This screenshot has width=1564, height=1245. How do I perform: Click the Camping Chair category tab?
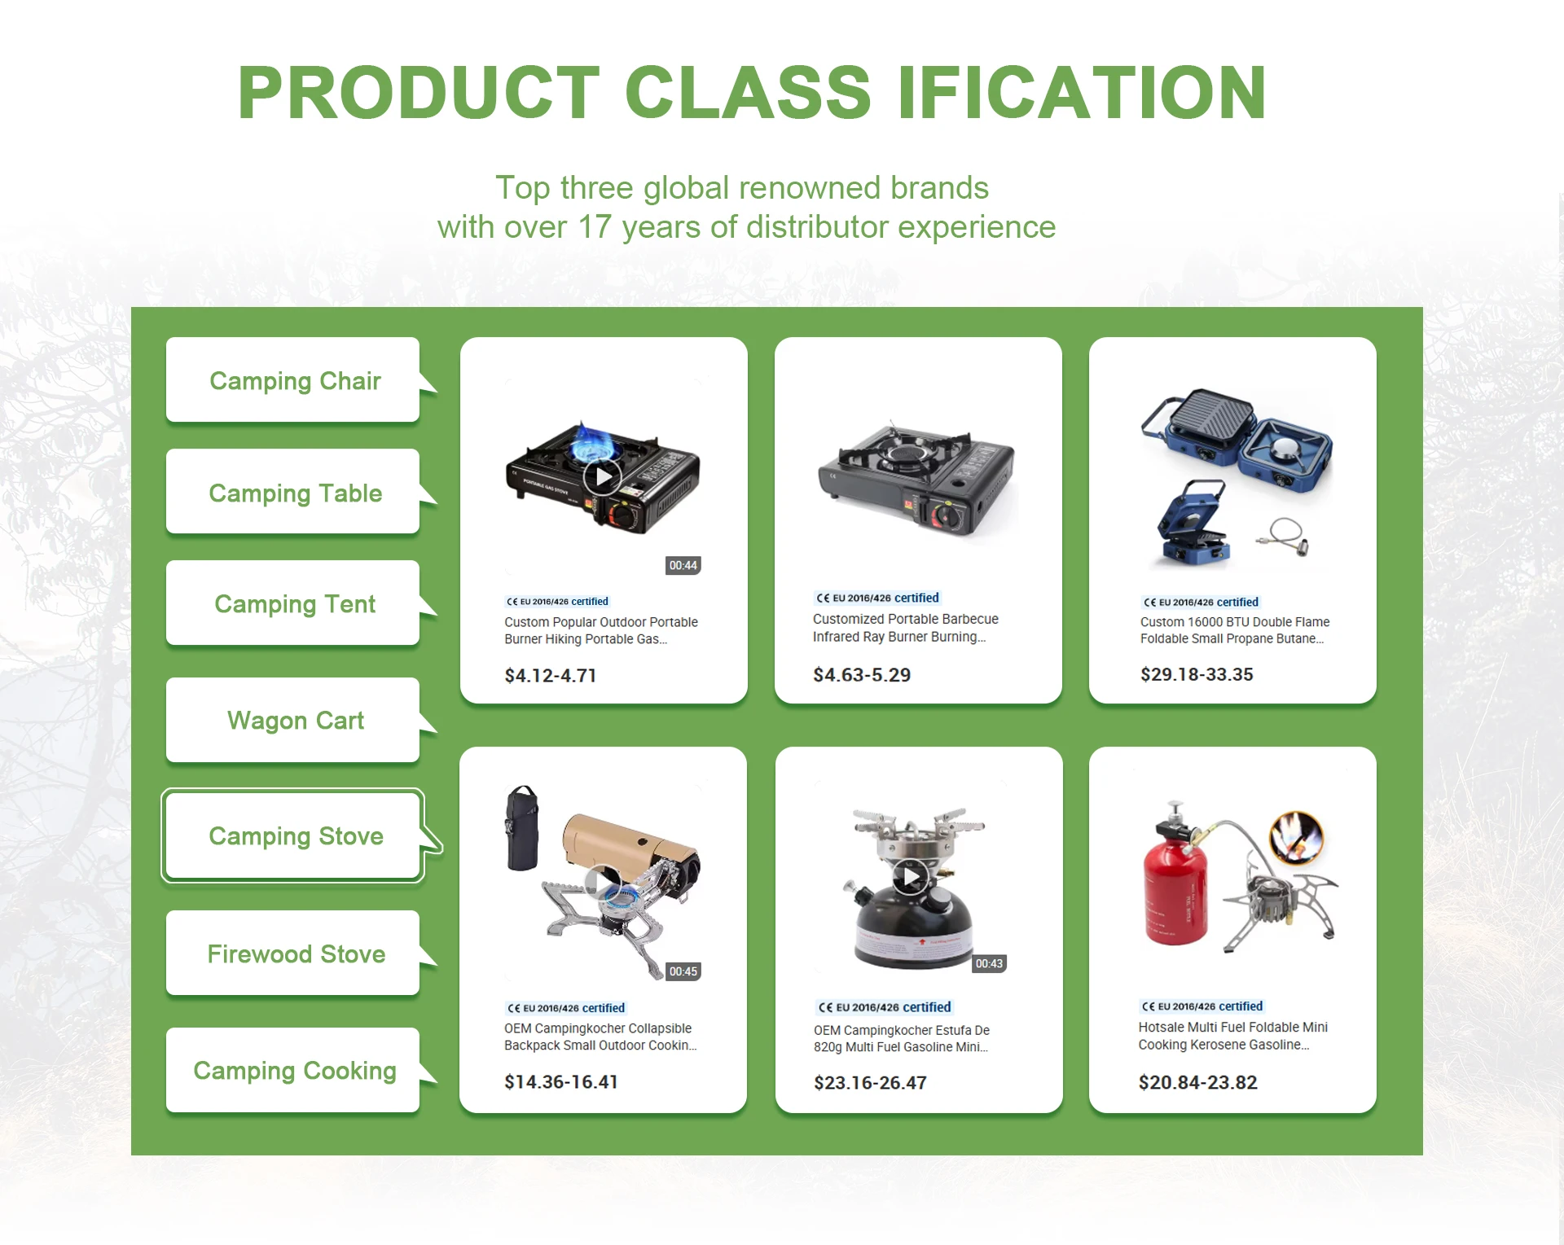[294, 380]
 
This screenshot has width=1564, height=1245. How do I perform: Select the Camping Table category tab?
[294, 492]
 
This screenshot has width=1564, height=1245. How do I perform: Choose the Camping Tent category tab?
[294, 603]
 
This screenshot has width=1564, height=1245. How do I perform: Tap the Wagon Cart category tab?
[294, 720]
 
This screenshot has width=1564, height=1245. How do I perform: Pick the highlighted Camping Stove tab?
[294, 835]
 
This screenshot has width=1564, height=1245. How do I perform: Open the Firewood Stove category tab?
[294, 953]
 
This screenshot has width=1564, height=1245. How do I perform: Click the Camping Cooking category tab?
[294, 1070]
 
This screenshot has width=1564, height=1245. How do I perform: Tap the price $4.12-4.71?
[551, 675]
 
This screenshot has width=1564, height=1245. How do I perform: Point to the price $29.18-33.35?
[1197, 674]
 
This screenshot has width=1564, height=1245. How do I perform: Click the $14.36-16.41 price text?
[561, 1081]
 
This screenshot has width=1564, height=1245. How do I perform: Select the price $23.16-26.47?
[870, 1082]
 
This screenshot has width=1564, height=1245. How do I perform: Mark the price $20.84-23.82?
[1197, 1082]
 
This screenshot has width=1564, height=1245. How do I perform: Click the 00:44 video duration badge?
[683, 565]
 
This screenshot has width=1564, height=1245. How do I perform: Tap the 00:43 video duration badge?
[989, 963]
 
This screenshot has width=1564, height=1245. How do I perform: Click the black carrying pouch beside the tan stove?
[522, 828]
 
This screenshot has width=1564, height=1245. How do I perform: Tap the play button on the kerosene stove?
[910, 877]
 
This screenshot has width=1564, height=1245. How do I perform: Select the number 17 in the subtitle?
[595, 227]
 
